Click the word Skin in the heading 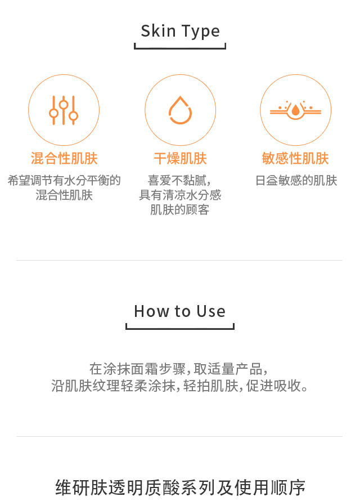(158, 31)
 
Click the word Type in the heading (201, 32)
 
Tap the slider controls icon (63, 110)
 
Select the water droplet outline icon (181, 110)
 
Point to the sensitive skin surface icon (295, 110)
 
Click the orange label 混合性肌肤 (64, 159)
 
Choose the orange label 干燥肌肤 (181, 159)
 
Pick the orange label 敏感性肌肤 (295, 159)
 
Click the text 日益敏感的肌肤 (296, 181)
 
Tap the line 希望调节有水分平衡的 (64, 181)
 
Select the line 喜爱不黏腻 (179, 181)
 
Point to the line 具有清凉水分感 (180, 195)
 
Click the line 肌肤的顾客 (180, 209)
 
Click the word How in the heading (152, 311)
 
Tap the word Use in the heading (211, 311)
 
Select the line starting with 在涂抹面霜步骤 (178, 369)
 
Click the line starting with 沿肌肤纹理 (179, 386)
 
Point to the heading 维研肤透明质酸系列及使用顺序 (181, 487)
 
